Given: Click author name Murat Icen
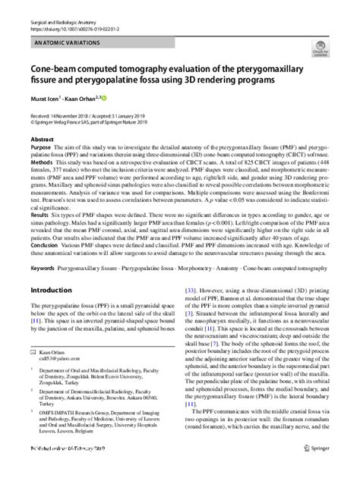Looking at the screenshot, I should point(43,99).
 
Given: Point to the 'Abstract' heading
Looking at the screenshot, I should point(42,140).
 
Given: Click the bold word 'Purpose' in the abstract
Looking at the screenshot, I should point(42,149).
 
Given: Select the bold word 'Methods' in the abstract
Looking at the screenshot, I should point(43,162).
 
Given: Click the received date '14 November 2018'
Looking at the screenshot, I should point(78,114).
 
